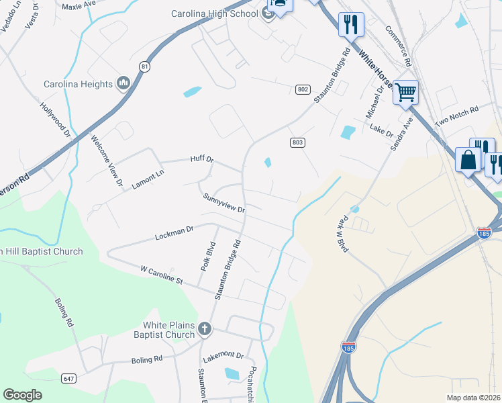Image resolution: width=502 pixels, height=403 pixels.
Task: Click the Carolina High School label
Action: point(214,13)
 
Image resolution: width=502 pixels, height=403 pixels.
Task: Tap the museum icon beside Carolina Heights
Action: point(123,83)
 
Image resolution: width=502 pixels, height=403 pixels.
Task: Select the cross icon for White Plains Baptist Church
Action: point(205,329)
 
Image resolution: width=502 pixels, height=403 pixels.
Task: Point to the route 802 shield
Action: point(303,89)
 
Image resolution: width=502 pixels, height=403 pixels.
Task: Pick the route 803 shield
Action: point(298,142)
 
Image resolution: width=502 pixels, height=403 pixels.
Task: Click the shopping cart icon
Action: point(405,92)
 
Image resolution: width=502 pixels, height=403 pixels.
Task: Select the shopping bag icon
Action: point(467,161)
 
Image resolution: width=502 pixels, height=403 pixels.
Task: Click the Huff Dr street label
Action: point(201,160)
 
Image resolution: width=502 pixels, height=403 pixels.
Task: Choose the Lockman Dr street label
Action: point(174,233)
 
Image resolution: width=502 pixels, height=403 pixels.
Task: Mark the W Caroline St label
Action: point(161,274)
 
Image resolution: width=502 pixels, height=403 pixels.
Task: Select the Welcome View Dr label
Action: point(108,161)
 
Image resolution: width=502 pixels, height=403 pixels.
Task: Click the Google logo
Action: point(23,395)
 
